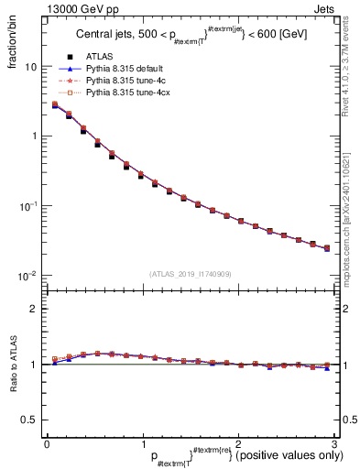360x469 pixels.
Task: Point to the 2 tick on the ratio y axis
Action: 33,309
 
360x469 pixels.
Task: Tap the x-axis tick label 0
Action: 47,443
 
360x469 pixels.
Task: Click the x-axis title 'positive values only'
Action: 284,455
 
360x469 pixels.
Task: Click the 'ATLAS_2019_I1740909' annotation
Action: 190,273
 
